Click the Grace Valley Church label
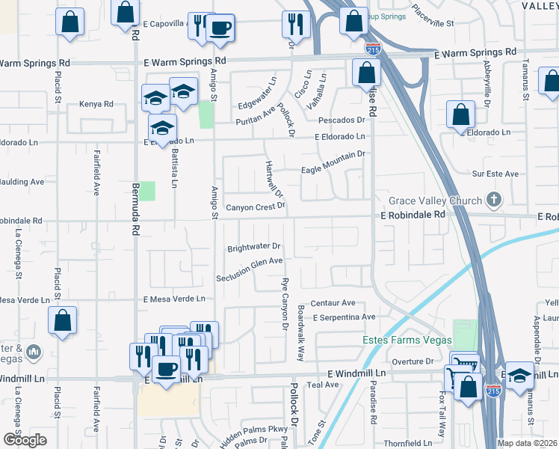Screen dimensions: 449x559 (435, 201)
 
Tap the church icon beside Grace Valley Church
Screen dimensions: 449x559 (492, 200)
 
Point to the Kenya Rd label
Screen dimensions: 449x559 (96, 104)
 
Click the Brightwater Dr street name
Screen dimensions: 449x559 (253, 245)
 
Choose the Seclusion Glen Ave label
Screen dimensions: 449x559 (250, 269)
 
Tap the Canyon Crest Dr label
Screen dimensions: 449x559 (256, 207)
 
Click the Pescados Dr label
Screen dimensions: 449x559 (340, 120)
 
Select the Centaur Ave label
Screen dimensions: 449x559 (333, 303)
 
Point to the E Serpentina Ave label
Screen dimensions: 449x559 (344, 317)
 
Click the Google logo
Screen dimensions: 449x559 (25, 440)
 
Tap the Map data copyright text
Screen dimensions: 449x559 (527, 443)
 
